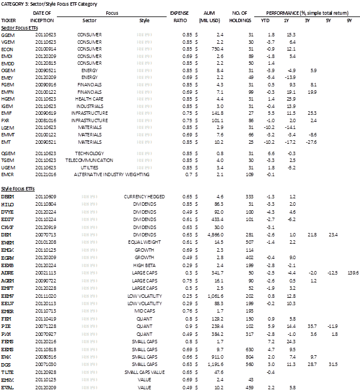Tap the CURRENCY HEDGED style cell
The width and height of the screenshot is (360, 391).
[143, 196]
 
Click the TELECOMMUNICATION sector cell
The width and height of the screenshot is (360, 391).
[93, 162]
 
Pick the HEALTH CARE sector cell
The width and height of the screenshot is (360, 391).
[93, 99]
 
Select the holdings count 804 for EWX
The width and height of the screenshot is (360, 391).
[247, 355]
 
